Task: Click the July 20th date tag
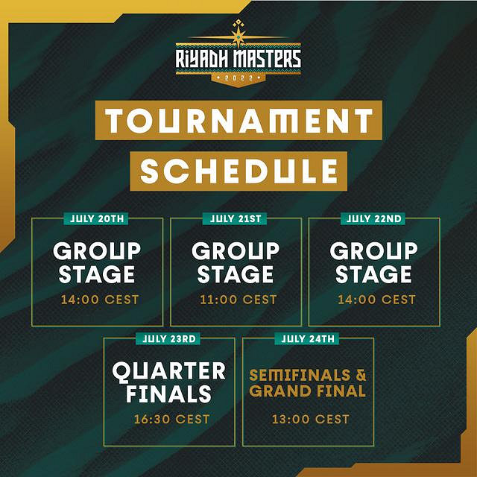pos(96,218)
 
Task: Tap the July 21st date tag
pos(235,218)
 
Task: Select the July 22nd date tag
pos(373,218)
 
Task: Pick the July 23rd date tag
pos(168,338)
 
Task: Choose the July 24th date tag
pos(306,338)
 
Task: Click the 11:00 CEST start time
pos(238,300)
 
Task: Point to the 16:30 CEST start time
pos(172,419)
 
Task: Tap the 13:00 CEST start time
pos(310,419)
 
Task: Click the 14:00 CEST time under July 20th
pos(100,300)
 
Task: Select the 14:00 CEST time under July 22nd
pos(376,300)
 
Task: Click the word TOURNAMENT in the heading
pos(238,121)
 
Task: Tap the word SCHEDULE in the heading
pos(238,171)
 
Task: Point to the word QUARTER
pos(169,372)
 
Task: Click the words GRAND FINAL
pos(307,391)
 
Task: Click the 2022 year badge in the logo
pos(238,78)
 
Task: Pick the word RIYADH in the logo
pos(201,59)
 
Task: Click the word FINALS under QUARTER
pos(168,394)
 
